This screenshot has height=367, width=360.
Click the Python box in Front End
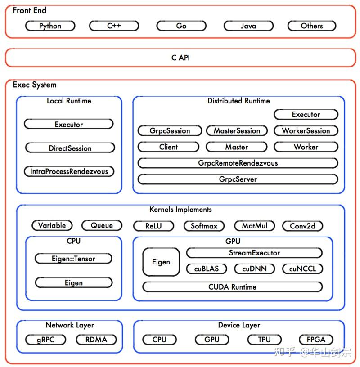coord(50,26)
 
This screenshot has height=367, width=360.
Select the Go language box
coord(181,26)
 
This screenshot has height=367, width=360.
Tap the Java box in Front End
coord(248,26)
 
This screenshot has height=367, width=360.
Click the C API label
coord(180,58)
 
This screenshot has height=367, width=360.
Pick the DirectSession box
coord(70,148)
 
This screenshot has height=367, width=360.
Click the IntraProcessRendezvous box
coord(69,171)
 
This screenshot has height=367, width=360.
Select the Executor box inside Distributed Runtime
coord(306,115)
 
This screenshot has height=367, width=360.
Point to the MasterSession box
coord(237,131)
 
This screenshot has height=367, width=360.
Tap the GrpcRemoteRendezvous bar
coord(238,163)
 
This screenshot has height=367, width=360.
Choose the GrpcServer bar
coord(238,179)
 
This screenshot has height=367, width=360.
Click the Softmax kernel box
coord(204,226)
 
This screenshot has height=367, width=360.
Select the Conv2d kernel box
coord(302,226)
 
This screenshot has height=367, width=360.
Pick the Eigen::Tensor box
coord(73,259)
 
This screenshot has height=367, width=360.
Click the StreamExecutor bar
coord(254,253)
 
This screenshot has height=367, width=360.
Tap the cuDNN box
coord(254,269)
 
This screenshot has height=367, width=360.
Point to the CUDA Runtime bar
coord(232,287)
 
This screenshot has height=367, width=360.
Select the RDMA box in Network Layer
coord(96,340)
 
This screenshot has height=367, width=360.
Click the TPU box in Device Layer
coord(264,340)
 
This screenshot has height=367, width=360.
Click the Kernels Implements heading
coord(180,210)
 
